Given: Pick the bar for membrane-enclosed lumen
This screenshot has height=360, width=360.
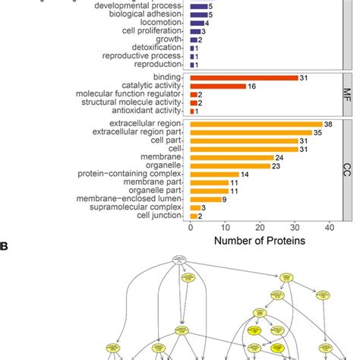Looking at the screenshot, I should click(205, 199).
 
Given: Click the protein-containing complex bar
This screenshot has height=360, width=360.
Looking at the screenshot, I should click(214, 174).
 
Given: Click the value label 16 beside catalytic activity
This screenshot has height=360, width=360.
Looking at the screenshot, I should click(253, 86).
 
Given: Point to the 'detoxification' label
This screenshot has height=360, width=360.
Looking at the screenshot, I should click(159, 48).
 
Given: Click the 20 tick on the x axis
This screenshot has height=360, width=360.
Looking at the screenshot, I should click(260, 227).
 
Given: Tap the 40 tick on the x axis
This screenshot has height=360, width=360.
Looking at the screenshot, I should click(329, 227).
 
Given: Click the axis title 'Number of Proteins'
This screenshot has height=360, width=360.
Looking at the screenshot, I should click(260, 242).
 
